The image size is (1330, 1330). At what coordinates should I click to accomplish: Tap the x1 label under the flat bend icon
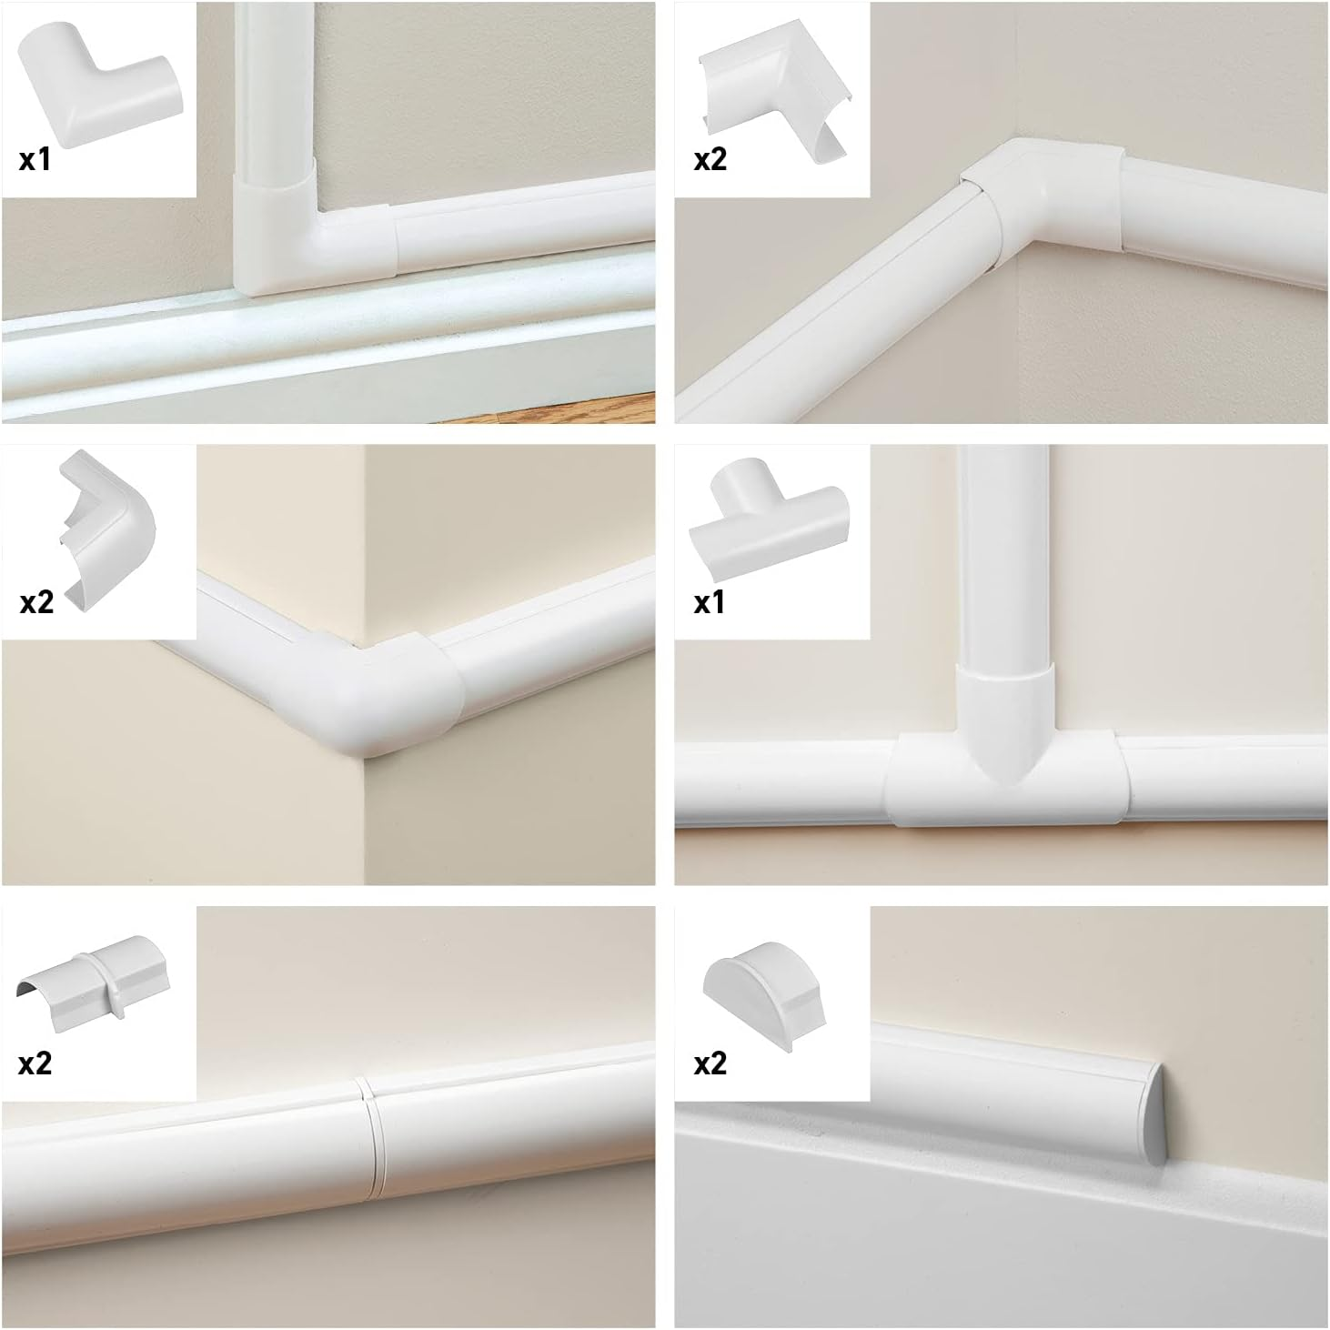coord(35,160)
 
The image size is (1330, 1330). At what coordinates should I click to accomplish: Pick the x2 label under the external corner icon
coord(37,602)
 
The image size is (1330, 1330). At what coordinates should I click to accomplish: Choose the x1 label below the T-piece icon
coord(710,602)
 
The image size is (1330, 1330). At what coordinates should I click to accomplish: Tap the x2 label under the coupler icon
coord(35,1063)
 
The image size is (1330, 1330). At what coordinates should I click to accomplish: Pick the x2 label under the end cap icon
coord(710,1063)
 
